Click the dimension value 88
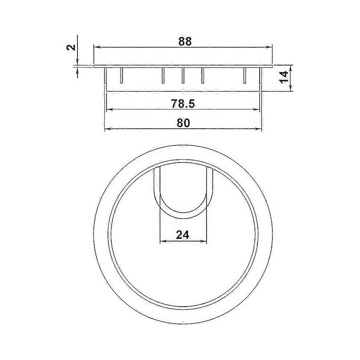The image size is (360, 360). tap(185, 41)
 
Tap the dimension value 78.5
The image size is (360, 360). tap(183, 104)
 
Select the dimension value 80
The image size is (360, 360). tap(183, 123)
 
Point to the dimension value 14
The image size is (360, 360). tap(284, 77)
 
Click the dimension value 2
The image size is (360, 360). tap(71, 47)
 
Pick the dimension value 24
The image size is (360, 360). tap(183, 235)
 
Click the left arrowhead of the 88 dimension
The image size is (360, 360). tap(96, 47)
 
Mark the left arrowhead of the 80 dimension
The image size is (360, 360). tap(107, 129)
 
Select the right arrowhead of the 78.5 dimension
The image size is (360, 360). tap(257, 110)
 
